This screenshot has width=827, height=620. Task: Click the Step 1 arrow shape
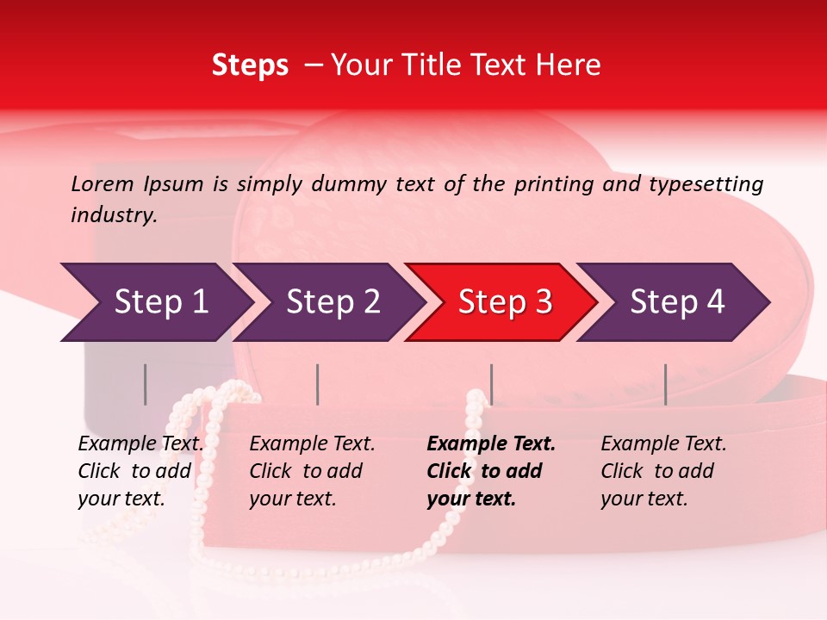[x=155, y=302]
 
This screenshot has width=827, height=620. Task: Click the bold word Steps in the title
[x=250, y=65]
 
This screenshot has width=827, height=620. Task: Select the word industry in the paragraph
[x=113, y=214]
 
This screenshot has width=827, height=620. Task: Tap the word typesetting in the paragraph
[x=706, y=183]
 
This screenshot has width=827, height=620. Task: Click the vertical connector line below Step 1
[x=146, y=384]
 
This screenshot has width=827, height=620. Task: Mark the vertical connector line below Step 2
[x=318, y=384]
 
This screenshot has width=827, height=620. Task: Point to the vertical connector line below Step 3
[x=491, y=384]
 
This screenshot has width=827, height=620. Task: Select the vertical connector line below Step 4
[x=665, y=384]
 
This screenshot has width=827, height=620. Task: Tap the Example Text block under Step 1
[x=140, y=471]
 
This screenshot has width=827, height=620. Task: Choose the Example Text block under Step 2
[x=312, y=471]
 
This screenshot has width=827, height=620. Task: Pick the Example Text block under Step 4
[x=663, y=471]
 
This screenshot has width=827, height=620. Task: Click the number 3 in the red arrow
[x=543, y=302]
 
